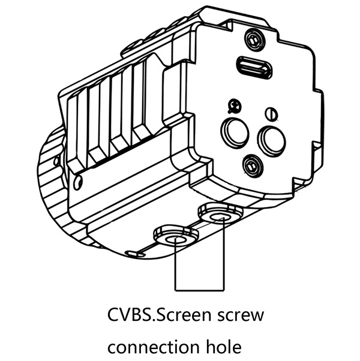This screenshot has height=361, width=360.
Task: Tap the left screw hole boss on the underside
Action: (x=175, y=237)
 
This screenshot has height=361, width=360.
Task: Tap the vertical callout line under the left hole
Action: (x=175, y=267)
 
